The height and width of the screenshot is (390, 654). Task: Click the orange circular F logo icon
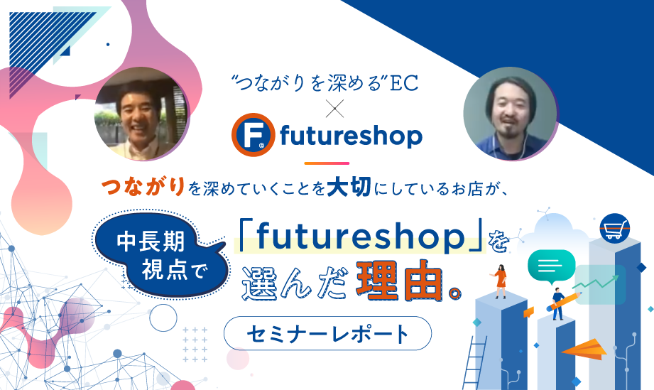point(254,135)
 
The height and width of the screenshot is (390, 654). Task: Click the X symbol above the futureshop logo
point(334,109)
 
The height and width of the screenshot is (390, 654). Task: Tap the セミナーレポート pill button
point(327,333)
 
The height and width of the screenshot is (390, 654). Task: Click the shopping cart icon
point(615,229)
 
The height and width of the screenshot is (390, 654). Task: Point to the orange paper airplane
point(584,350)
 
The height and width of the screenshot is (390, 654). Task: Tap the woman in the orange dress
point(500,281)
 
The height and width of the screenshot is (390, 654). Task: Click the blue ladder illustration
point(476,362)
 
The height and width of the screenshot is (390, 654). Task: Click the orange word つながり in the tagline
point(143,186)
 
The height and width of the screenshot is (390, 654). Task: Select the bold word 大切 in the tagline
point(349,186)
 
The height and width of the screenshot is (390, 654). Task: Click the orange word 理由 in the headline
point(399,281)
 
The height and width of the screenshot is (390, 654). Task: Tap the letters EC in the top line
point(404,83)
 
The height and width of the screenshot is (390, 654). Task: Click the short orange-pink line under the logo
point(327,163)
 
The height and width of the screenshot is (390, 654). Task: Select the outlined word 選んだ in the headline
point(295,283)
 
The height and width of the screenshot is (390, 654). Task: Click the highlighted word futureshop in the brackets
point(360,237)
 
